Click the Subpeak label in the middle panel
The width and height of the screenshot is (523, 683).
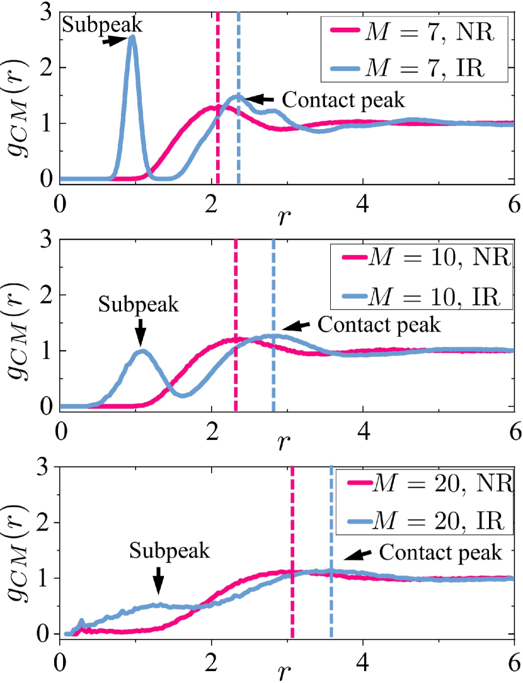pyautogui.click(x=139, y=305)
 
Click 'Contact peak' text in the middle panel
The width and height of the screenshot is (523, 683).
pyautogui.click(x=377, y=325)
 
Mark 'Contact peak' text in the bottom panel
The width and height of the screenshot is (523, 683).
pyautogui.click(x=441, y=552)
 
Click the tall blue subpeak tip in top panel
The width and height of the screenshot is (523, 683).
pyautogui.click(x=132, y=37)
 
